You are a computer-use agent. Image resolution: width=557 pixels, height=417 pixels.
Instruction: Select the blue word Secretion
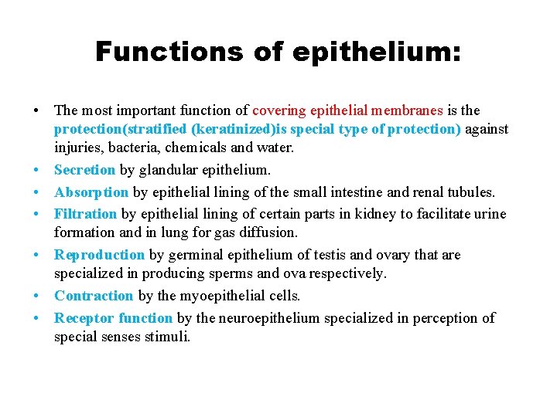pyautogui.click(x=84, y=170)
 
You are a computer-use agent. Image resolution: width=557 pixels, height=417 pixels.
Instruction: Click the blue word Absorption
pyautogui.click(x=91, y=192)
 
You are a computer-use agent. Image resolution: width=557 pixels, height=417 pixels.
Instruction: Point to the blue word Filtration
pyautogui.click(x=85, y=213)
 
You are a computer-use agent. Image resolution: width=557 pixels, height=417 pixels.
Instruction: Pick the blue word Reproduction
pyautogui.click(x=99, y=255)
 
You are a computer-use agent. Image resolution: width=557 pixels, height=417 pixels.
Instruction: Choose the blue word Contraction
pyautogui.click(x=94, y=296)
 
